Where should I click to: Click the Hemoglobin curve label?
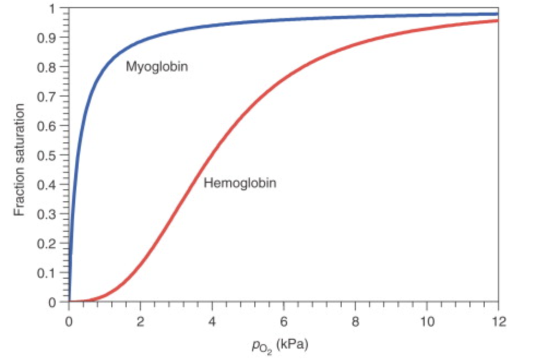240,183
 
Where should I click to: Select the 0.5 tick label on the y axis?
53,155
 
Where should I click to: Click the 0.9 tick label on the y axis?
53,38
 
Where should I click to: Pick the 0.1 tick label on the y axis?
53,272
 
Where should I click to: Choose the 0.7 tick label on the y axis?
53,97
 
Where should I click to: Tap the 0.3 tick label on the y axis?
53,214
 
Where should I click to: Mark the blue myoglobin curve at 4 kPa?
212,25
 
